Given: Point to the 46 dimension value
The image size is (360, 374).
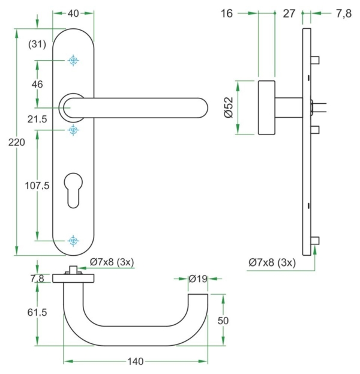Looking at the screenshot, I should (37, 85).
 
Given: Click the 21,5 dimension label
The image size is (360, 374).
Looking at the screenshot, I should (37, 119).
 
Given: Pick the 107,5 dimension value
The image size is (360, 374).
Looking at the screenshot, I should (37, 186).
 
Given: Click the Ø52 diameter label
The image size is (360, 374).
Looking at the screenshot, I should (228, 108).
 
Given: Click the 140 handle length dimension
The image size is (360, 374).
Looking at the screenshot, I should (136, 361).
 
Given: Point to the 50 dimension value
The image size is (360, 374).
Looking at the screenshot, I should (223, 321).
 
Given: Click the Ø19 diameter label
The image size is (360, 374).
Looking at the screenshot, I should (197, 279).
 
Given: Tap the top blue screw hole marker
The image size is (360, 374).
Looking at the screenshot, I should (73, 61).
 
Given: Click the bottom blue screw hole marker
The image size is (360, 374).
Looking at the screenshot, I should (73, 241).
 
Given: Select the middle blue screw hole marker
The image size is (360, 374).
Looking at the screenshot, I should (73, 130).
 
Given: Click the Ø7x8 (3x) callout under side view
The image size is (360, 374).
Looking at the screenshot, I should (272, 263).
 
